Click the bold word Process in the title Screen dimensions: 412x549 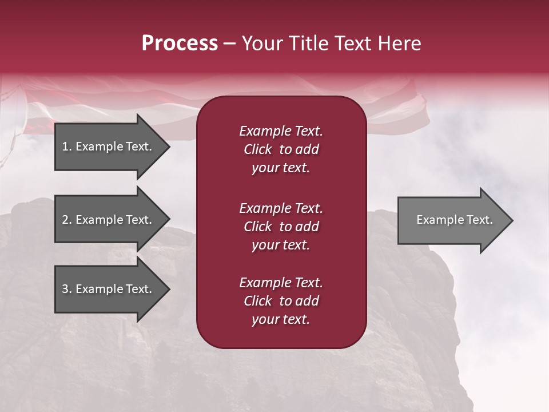180,43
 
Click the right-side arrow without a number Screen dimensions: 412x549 452,220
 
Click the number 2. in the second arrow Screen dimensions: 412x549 67,220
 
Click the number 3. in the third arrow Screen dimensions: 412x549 67,289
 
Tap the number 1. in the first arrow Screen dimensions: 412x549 67,146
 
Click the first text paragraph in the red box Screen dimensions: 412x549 281,149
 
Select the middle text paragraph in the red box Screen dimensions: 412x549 281,227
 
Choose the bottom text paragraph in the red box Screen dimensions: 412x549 281,301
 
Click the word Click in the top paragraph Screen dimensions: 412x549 257,149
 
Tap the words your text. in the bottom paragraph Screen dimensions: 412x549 281,320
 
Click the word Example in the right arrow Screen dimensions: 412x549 436,220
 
